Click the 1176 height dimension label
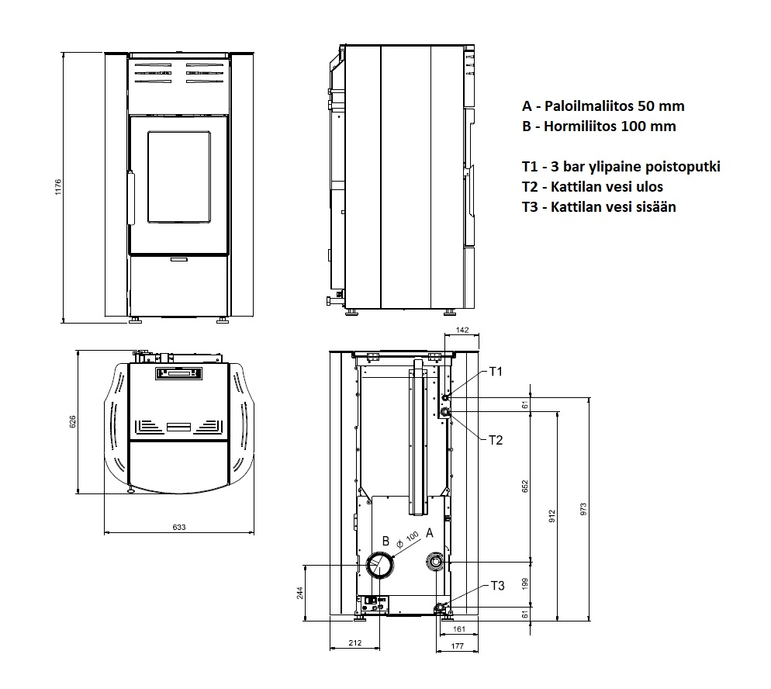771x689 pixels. (x=58, y=187)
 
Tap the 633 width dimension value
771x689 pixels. (x=179, y=527)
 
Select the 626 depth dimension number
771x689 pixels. (x=73, y=421)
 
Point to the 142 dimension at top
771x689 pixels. (x=462, y=330)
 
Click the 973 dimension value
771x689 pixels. (x=583, y=509)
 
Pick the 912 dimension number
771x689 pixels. (x=551, y=516)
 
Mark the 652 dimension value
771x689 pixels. (x=524, y=486)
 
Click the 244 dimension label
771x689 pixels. (x=300, y=593)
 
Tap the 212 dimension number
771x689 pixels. (x=354, y=642)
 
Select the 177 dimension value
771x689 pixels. (x=458, y=646)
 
